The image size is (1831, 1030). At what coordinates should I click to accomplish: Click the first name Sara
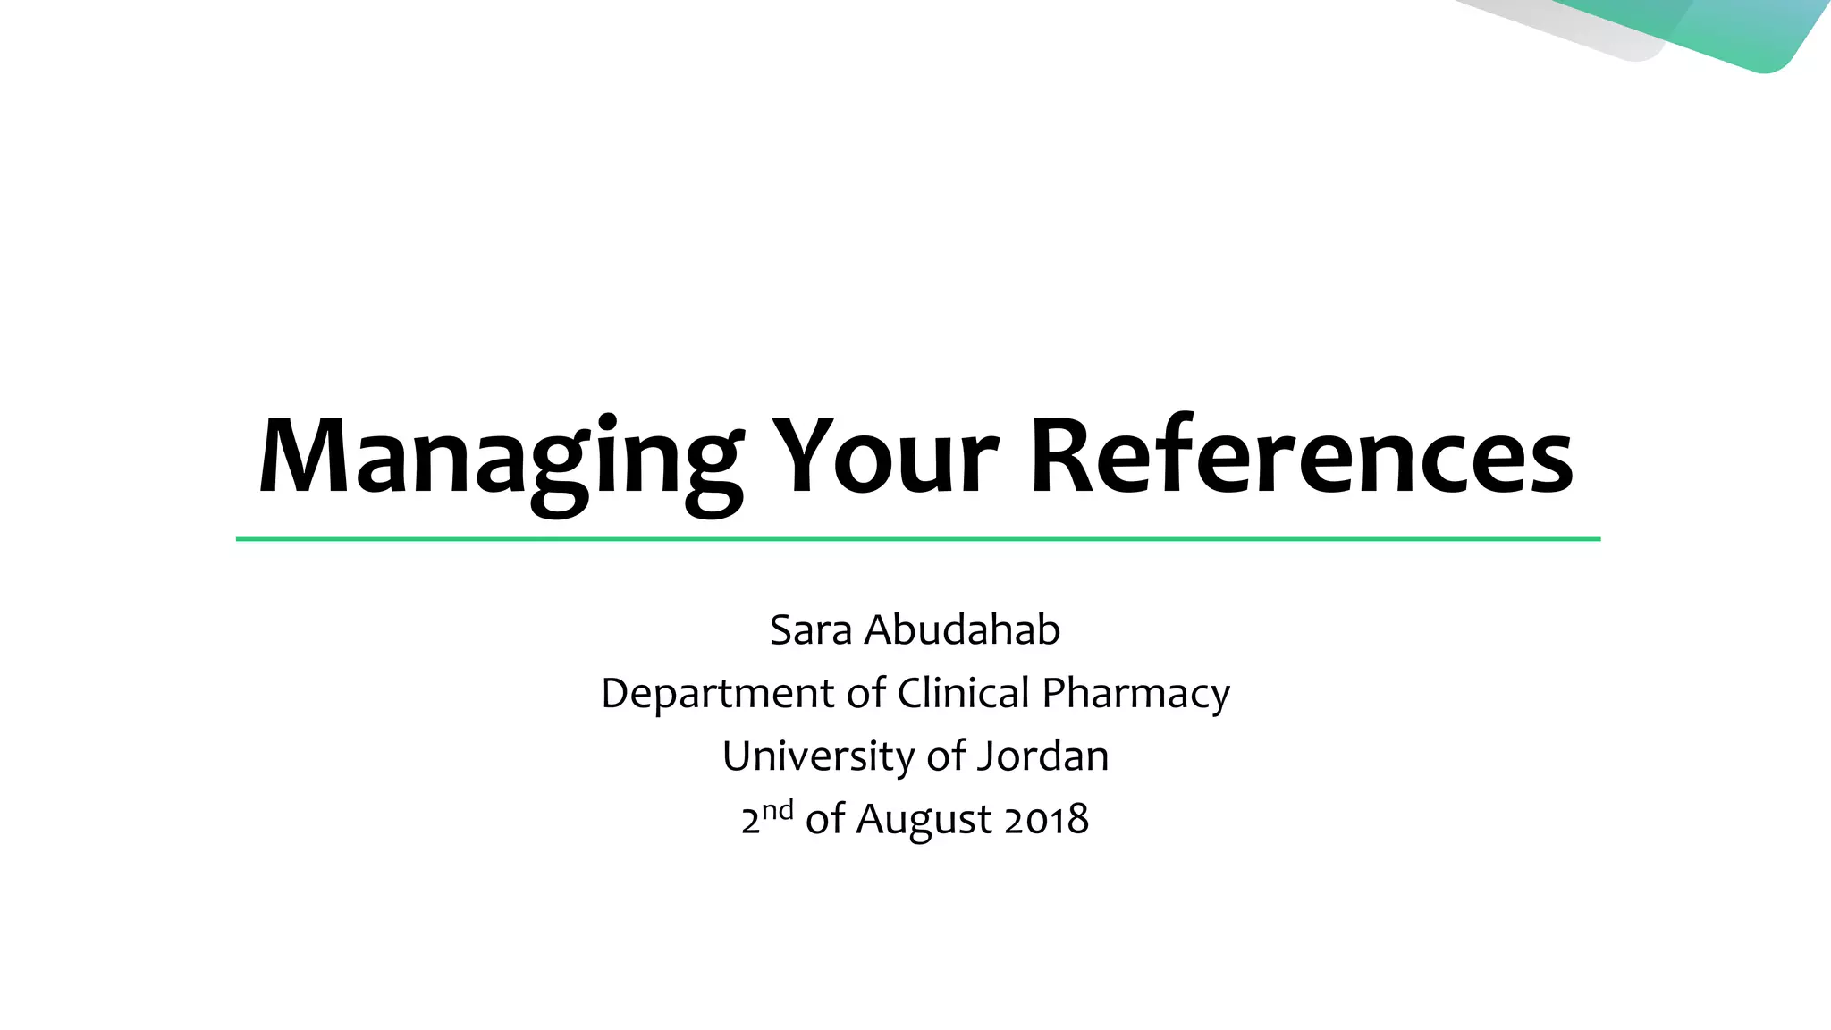tap(811, 630)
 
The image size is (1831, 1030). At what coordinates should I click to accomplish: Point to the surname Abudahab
tap(962, 630)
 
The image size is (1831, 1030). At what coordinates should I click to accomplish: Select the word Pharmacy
tap(1135, 694)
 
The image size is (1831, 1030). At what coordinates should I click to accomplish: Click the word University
tap(817, 756)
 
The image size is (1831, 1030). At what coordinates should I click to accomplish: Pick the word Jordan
tap(1042, 756)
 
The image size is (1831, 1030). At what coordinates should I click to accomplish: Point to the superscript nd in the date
tap(778, 810)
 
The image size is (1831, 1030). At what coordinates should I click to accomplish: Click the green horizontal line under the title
tap(917, 539)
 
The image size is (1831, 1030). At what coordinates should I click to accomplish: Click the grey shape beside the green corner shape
tap(1600, 31)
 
